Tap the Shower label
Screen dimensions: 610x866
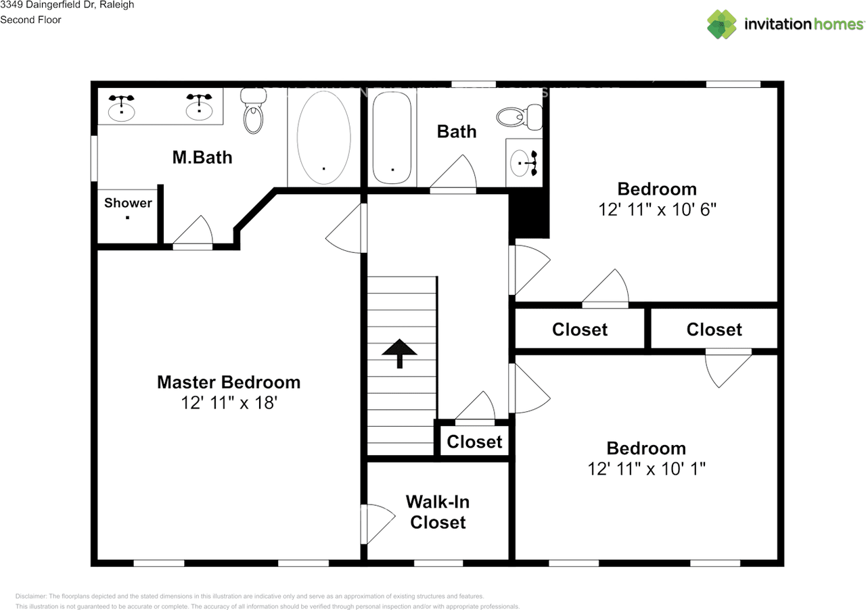tap(128, 203)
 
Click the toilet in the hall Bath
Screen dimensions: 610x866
tap(518, 117)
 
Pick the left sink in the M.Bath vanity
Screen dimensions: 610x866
tap(122, 108)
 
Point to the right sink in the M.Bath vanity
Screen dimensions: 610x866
tap(199, 108)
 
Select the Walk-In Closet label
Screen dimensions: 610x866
tap(438, 512)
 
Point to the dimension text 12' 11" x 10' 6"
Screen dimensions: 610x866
tap(657, 210)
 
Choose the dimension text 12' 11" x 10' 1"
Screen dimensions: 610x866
tap(646, 469)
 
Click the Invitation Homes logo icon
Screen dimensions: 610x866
tap(721, 24)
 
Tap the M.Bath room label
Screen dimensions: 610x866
tap(202, 158)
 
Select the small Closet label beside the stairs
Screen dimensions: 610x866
tap(474, 442)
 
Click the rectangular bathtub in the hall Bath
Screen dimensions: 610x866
tap(392, 138)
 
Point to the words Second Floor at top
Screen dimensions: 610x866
tap(30, 20)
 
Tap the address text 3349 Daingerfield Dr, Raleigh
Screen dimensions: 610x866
tap(67, 5)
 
